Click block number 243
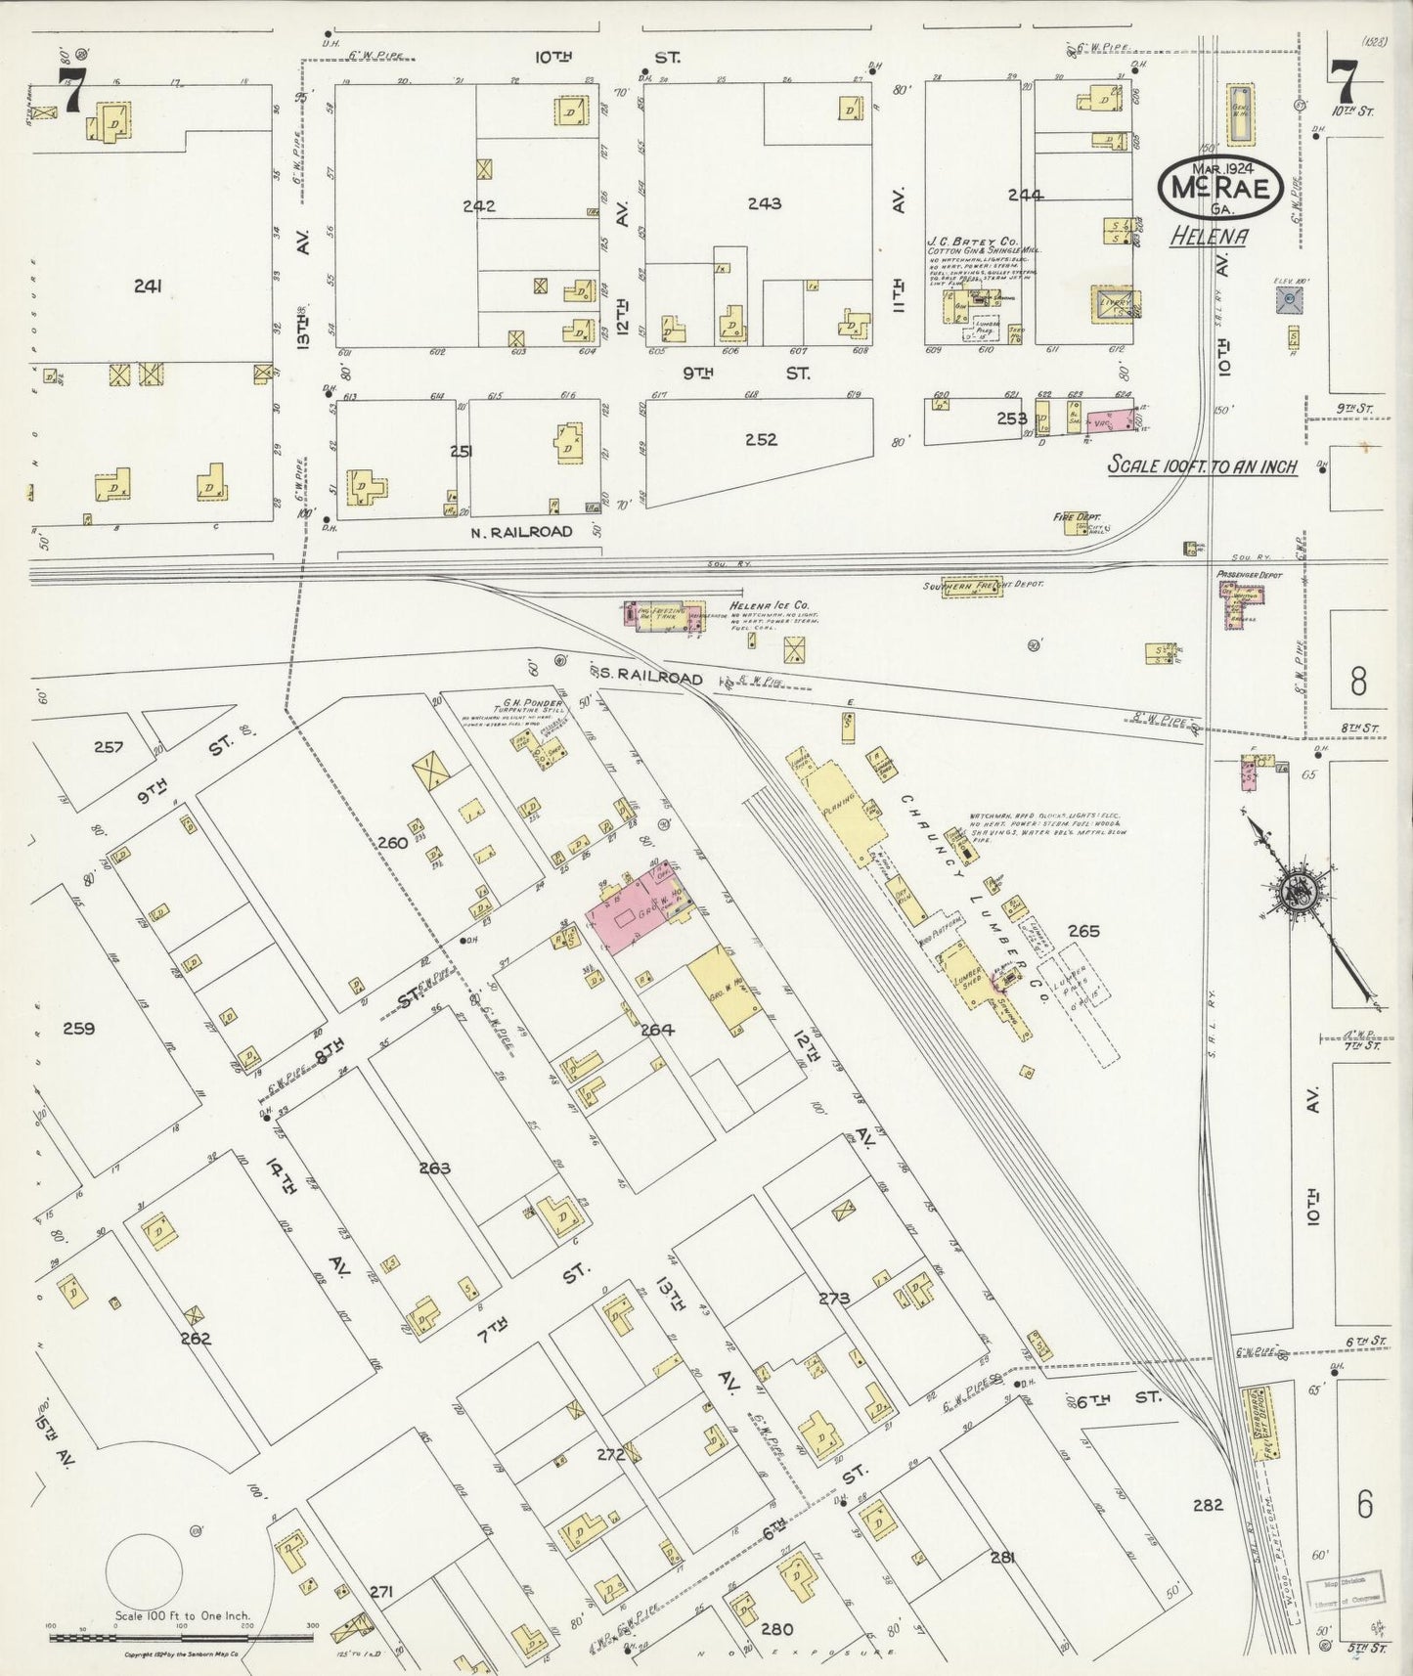764,203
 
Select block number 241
148,286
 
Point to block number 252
761,439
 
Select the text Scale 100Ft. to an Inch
1202,466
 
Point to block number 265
1083,930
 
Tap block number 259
77,1028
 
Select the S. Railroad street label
646,677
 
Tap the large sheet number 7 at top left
69,91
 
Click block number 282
1208,1505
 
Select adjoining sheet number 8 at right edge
1358,681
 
